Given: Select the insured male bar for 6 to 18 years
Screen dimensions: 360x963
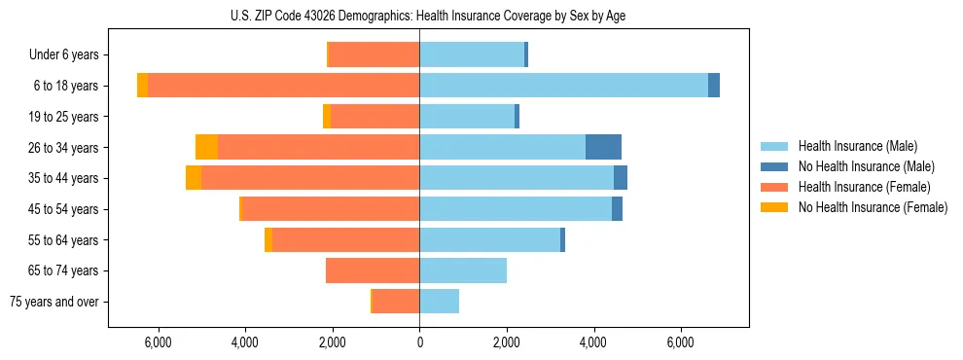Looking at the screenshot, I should click(563, 86).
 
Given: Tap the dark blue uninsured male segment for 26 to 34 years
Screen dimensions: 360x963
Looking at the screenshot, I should click(603, 147).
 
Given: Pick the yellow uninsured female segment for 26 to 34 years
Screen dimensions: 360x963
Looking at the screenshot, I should click(206, 147).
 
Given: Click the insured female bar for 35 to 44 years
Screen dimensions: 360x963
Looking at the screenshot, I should click(310, 178).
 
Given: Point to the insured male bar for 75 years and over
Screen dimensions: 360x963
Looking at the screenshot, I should click(439, 302).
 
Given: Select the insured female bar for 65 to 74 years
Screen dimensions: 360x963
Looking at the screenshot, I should click(373, 270).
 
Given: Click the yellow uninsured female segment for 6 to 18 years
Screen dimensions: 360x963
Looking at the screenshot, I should click(142, 86).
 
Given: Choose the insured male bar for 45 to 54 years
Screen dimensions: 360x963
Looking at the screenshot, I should click(516, 209).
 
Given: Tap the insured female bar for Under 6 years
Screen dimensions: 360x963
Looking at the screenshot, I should click(374, 54).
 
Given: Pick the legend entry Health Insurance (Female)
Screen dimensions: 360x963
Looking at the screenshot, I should click(864, 187).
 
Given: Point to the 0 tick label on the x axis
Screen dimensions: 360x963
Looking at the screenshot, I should click(419, 342).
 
